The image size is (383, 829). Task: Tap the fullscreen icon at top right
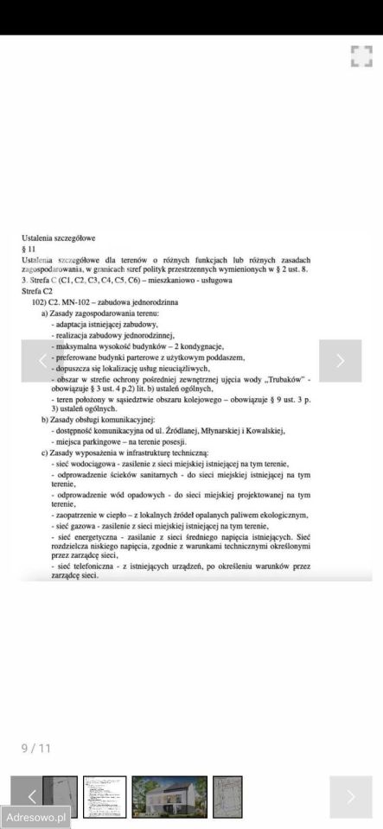pos(361,56)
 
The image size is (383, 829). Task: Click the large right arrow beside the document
pos(340,361)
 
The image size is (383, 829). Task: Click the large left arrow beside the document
pos(42,361)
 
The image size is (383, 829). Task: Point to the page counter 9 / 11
pos(36,748)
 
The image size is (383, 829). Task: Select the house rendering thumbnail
pos(169,796)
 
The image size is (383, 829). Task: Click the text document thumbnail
pos(105,796)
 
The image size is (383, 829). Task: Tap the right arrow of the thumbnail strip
pos(351,796)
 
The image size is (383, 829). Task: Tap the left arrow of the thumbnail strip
pos(32,796)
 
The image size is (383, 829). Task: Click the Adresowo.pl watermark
pos(36,816)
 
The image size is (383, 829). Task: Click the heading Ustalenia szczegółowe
pos(58,237)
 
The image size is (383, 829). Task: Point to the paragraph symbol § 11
pos(29,248)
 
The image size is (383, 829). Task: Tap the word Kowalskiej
pos(261,430)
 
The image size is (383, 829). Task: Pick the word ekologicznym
pos(277,515)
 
